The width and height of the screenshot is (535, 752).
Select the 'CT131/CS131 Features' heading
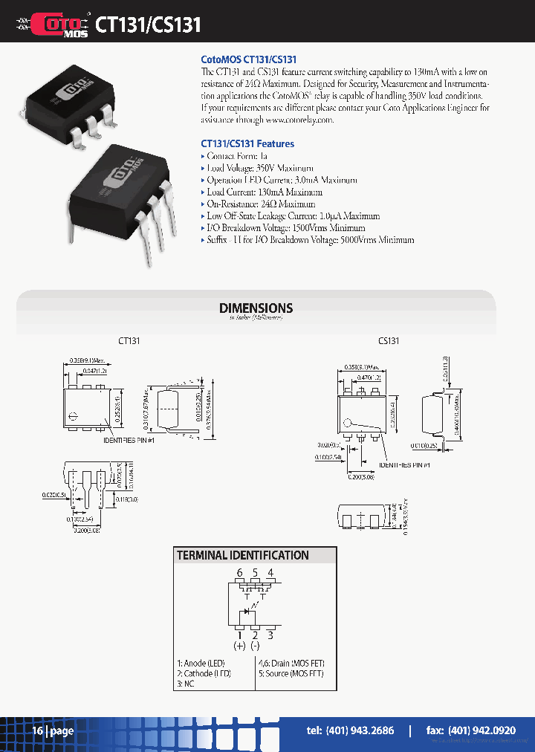pos(247,144)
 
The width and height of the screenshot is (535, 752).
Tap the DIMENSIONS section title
pos(256,308)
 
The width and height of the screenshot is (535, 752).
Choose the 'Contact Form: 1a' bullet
pos(236,156)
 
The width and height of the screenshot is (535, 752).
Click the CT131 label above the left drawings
pos(129,341)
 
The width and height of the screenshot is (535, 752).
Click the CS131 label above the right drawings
pos(389,341)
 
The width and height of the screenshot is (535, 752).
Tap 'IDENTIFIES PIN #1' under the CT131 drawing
pos(129,441)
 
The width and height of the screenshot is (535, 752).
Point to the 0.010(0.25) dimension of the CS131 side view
pos(425,447)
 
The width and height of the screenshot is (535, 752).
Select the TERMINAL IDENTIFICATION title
pos(242,555)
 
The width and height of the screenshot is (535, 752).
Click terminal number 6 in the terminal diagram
pos(239,572)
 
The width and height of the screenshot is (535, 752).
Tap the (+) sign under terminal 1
pos(239,646)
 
